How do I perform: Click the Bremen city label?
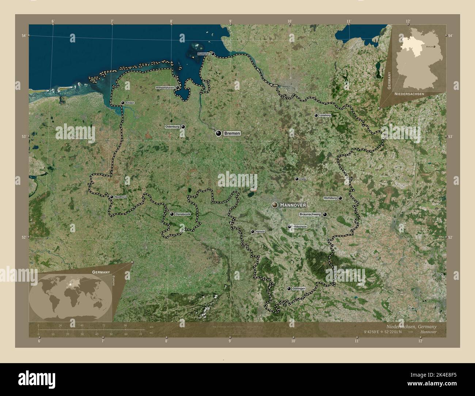(232, 134)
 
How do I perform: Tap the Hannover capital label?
(293, 205)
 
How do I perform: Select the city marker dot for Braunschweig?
(324, 215)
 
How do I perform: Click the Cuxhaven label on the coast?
(204, 54)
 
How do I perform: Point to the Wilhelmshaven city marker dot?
(177, 88)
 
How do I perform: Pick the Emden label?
(130, 103)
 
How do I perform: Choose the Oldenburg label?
(172, 127)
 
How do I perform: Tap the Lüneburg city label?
(325, 115)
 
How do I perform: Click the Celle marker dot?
(297, 179)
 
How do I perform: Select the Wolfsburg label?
(330, 198)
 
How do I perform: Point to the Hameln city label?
(261, 232)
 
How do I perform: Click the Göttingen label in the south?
(299, 289)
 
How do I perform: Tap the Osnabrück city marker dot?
(172, 214)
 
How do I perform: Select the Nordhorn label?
(120, 197)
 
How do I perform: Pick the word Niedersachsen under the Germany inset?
(409, 94)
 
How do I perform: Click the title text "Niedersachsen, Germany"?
(411, 326)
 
